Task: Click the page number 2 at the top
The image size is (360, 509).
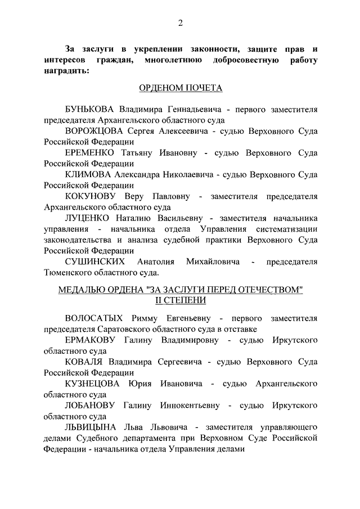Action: tap(181, 22)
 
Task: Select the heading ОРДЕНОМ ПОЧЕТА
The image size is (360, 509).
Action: tap(181, 88)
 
